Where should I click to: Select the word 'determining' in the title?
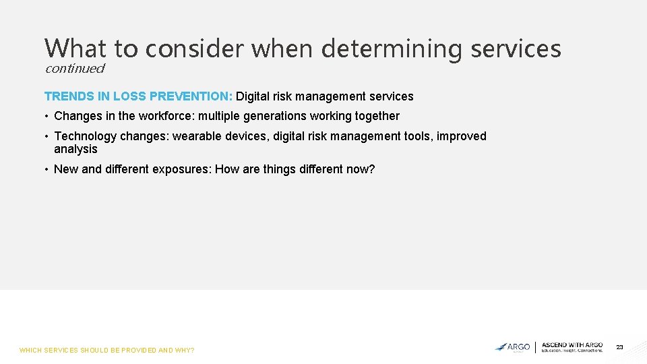(x=391, y=49)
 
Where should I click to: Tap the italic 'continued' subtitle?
(x=75, y=68)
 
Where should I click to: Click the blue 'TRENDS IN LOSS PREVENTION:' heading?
(x=138, y=96)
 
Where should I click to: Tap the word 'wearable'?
(x=195, y=136)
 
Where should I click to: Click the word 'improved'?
(x=462, y=136)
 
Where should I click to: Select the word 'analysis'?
(x=75, y=149)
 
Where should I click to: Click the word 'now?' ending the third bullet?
(x=361, y=169)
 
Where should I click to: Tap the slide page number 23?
(x=619, y=347)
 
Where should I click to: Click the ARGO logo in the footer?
(x=513, y=347)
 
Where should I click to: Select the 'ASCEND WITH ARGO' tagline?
(x=572, y=345)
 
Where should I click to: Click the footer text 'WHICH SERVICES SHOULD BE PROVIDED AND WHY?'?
(x=106, y=351)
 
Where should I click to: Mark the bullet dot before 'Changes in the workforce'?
(x=47, y=117)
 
